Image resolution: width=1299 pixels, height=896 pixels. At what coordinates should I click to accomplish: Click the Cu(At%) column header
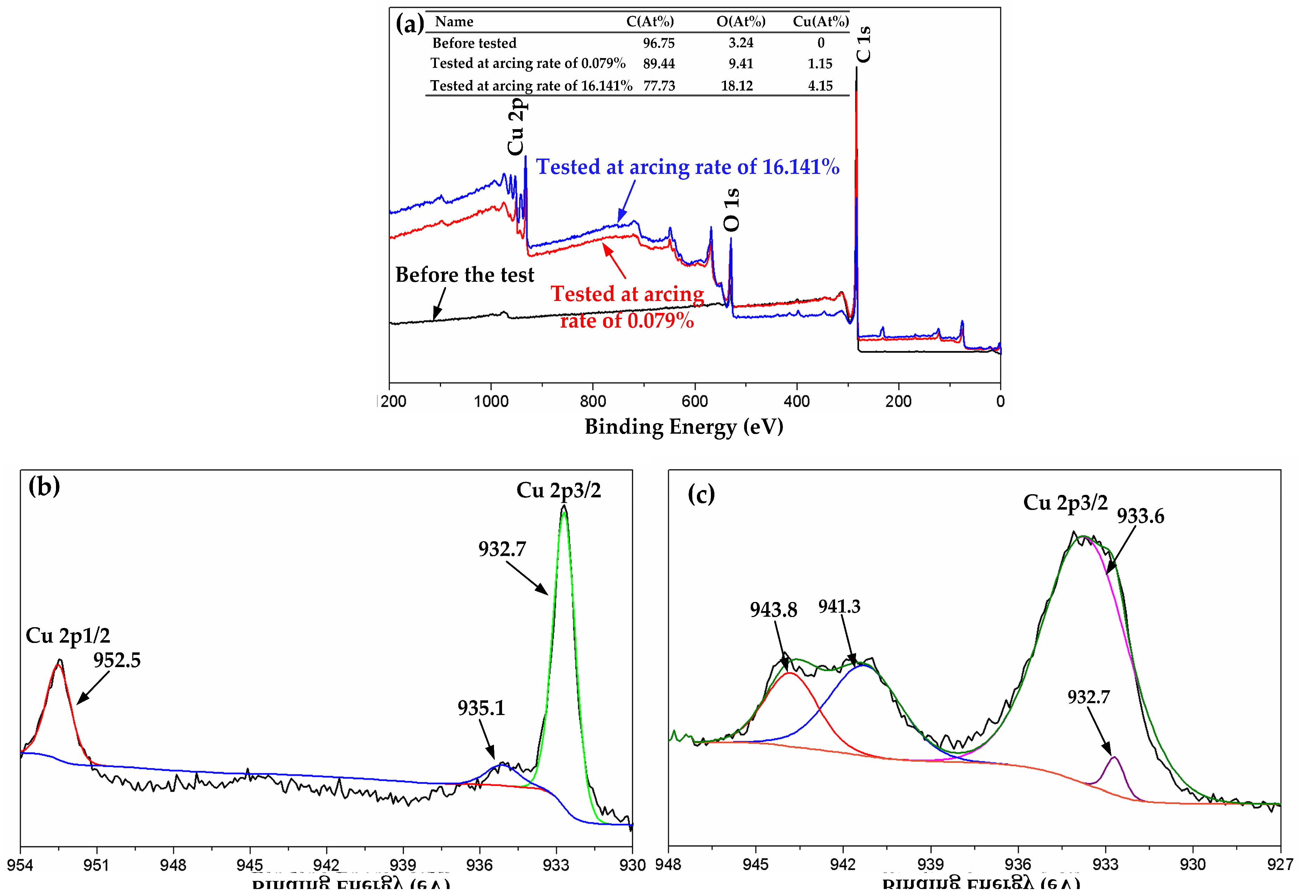pyautogui.click(x=820, y=21)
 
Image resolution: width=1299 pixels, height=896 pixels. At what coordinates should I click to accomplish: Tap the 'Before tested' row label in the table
pyautogui.click(x=474, y=43)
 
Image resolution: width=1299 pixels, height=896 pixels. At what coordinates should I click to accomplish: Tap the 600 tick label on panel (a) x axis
pyautogui.click(x=695, y=401)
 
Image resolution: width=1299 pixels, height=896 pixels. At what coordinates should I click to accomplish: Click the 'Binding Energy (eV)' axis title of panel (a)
pyautogui.click(x=684, y=427)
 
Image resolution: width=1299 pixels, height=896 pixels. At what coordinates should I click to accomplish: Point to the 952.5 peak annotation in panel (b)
pyautogui.click(x=117, y=660)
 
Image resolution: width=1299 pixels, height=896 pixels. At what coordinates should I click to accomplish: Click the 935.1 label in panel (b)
pyautogui.click(x=481, y=708)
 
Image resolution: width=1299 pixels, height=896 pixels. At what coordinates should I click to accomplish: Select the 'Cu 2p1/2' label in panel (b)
pyautogui.click(x=68, y=636)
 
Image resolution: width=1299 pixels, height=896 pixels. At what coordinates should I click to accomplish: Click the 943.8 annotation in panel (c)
pyautogui.click(x=773, y=610)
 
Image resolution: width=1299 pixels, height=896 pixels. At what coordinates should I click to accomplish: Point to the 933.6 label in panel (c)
pyautogui.click(x=1140, y=515)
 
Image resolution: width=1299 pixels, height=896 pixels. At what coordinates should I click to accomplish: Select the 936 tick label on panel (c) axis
pyautogui.click(x=1017, y=864)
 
